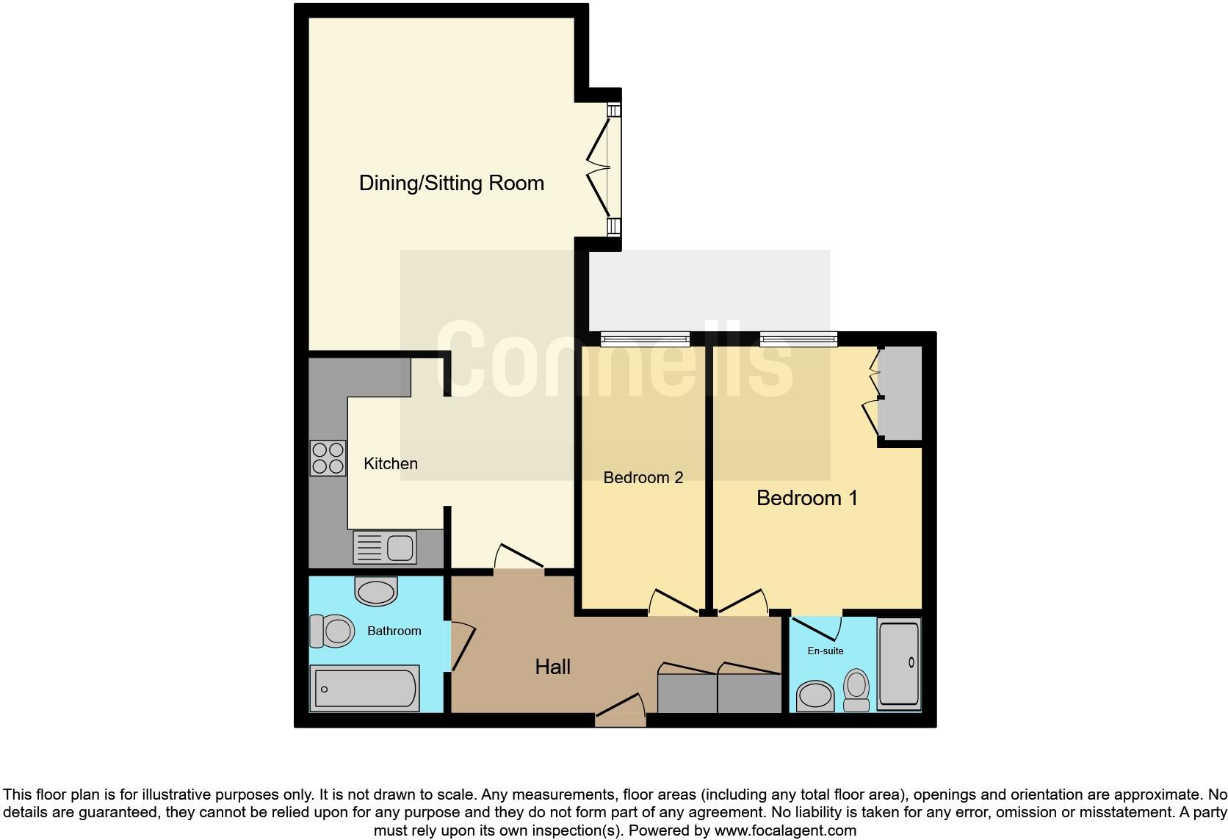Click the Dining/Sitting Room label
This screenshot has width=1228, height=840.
[451, 183]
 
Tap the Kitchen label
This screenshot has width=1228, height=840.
[391, 463]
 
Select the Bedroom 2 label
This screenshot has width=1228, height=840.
[643, 477]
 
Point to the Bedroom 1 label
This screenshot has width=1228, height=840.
[806, 498]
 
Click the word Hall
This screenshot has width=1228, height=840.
[552, 667]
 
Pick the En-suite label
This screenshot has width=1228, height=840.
[825, 651]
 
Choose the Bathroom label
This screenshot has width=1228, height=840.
[394, 631]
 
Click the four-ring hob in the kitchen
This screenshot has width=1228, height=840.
[328, 457]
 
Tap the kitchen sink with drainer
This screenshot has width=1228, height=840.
[385, 547]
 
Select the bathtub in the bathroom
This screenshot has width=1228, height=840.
[365, 689]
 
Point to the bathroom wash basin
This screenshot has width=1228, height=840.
[376, 591]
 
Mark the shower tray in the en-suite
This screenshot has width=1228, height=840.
[898, 665]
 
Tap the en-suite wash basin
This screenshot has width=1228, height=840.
[815, 695]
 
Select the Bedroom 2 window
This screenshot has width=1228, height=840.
[645, 338]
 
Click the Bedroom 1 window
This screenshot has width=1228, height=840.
[798, 338]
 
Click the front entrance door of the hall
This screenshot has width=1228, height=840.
[620, 714]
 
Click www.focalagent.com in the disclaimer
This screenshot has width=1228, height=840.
[784, 830]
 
